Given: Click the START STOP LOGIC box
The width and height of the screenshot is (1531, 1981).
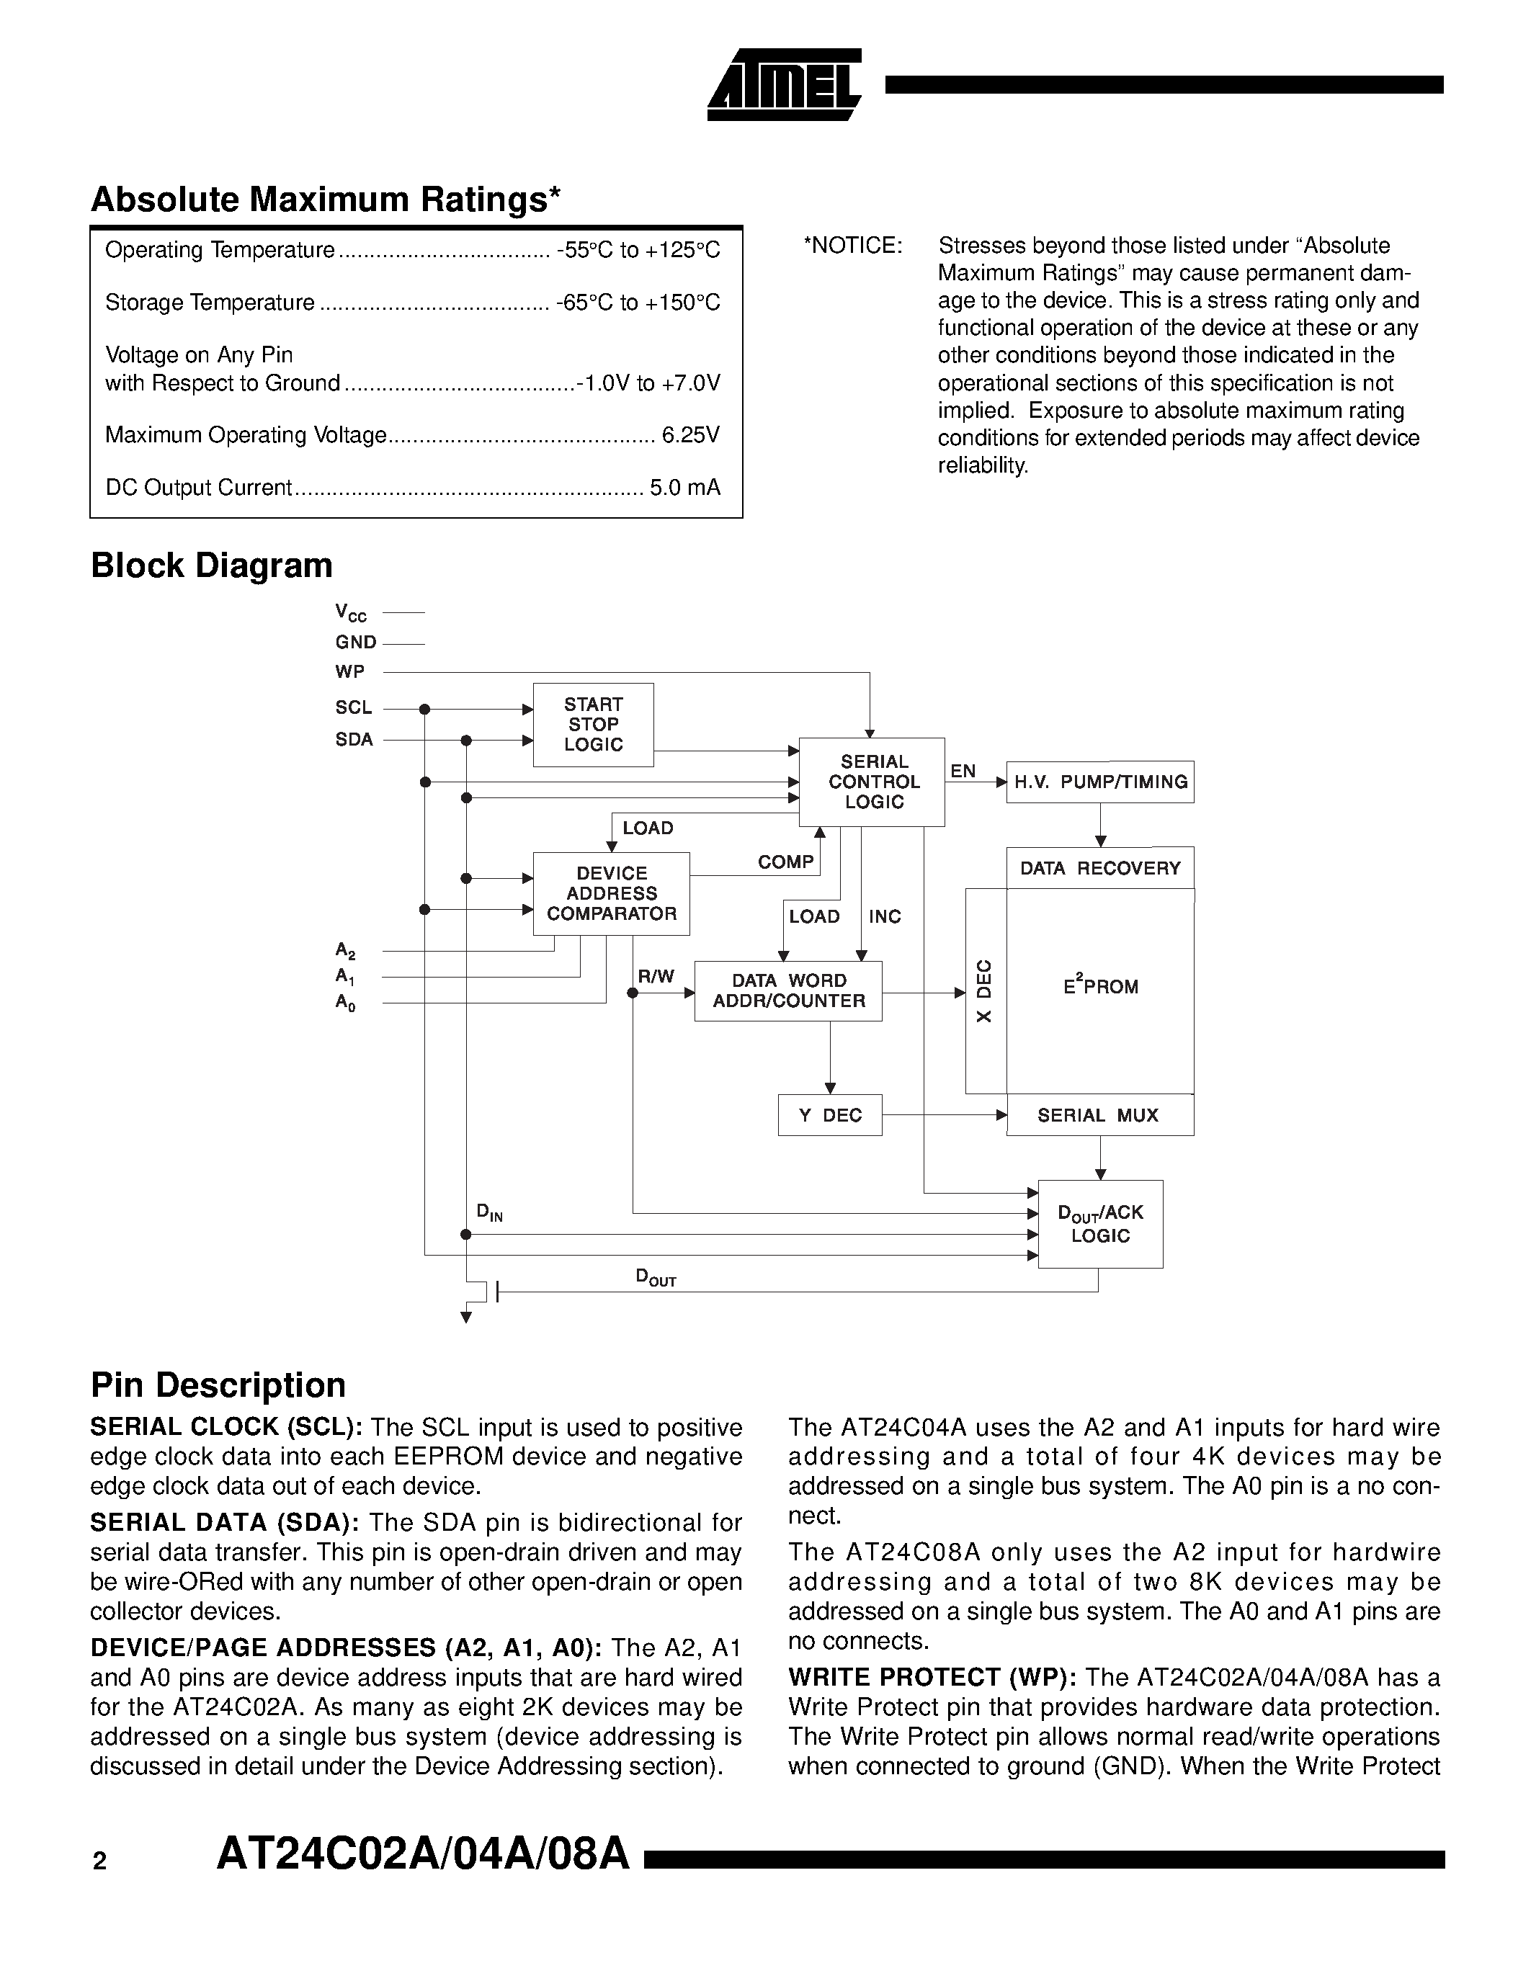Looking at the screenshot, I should [x=593, y=725].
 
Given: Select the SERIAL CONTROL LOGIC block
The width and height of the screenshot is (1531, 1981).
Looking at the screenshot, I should [x=872, y=782].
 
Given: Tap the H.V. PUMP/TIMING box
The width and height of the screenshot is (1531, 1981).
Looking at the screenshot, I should [x=1100, y=782].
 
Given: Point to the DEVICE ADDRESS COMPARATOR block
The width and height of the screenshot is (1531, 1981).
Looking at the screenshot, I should [x=611, y=893].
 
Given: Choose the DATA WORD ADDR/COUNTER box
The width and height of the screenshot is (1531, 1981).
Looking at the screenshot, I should [x=788, y=991].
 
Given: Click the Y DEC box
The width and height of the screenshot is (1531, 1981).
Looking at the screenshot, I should [x=830, y=1116].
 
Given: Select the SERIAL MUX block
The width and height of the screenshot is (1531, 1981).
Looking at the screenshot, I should [x=1099, y=1116].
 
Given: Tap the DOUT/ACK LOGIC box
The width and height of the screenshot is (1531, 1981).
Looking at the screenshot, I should [x=1100, y=1224].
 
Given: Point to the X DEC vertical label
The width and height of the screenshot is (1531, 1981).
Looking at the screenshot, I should [x=985, y=990].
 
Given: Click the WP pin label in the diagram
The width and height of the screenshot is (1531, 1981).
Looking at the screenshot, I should [x=350, y=672].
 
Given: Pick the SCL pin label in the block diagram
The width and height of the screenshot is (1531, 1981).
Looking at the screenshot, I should [x=354, y=707].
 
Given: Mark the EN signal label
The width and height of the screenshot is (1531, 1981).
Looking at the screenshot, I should [x=963, y=771].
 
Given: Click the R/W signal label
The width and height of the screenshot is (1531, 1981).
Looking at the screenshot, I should [x=656, y=976].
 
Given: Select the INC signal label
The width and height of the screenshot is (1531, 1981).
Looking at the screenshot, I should [x=884, y=916].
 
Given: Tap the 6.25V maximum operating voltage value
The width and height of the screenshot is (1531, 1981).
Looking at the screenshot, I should [x=690, y=435].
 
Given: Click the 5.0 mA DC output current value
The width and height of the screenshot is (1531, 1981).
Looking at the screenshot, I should [x=684, y=488].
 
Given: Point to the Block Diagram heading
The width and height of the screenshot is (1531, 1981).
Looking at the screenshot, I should [x=211, y=565].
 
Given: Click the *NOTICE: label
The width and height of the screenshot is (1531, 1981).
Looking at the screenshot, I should [x=852, y=246].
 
